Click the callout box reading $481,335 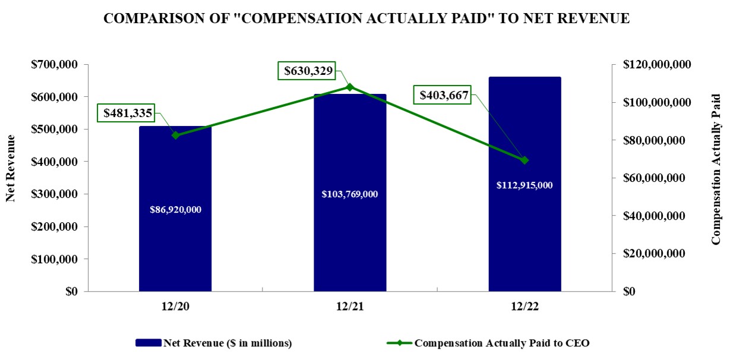point(128,113)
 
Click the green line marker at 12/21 point(350,87)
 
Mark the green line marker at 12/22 point(525,160)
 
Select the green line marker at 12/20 point(175,135)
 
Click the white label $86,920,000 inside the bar point(175,210)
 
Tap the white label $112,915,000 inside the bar point(525,185)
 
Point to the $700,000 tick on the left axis point(56,64)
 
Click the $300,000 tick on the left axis point(56,194)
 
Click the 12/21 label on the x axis point(350,306)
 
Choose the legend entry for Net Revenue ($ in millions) point(214,343)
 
